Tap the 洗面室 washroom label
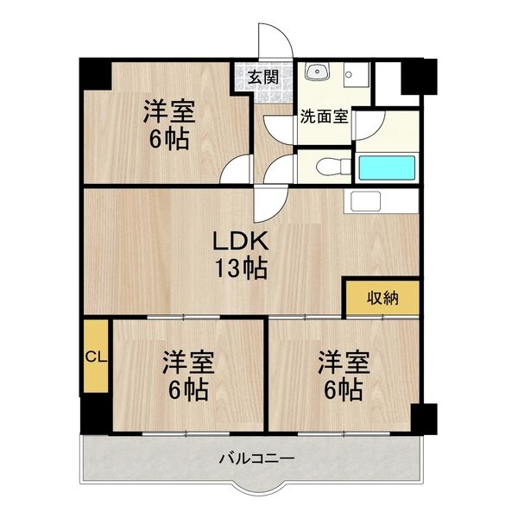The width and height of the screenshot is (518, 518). pyautogui.click(x=324, y=117)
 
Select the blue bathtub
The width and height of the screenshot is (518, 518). pyautogui.click(x=387, y=167)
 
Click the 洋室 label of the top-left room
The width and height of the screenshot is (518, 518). pyautogui.click(x=168, y=112)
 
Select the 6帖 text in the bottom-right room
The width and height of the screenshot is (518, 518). pyautogui.click(x=343, y=390)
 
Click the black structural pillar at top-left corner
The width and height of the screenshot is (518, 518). pyautogui.click(x=95, y=74)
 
